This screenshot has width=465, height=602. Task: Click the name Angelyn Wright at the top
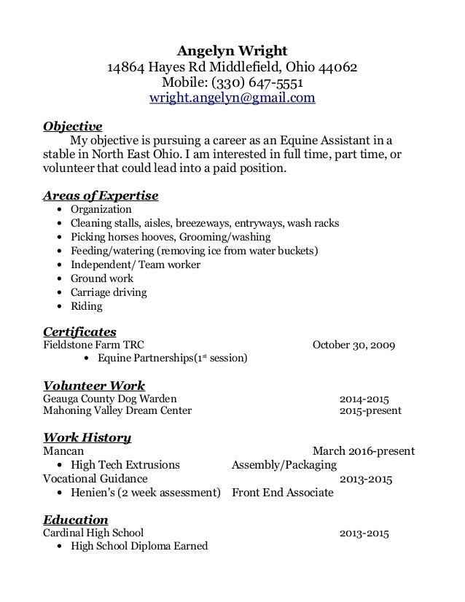pos(232,51)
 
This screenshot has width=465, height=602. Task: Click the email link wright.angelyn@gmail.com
pos(232,98)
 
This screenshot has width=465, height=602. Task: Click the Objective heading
pos(73,125)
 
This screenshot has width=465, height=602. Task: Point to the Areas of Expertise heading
pos(101,195)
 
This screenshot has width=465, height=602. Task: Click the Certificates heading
pos(81,332)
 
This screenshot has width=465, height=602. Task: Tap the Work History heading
pos(87,437)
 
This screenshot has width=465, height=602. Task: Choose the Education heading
pos(76,520)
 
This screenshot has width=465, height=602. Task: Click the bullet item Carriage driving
pos(109,292)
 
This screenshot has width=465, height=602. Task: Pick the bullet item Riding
pos(86,306)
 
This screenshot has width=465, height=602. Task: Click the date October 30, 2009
pos(354,345)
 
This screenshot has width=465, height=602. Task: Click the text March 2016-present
pos(364,451)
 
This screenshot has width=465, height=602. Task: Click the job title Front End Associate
pos(282,493)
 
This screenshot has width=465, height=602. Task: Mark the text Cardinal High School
pos(94,533)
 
